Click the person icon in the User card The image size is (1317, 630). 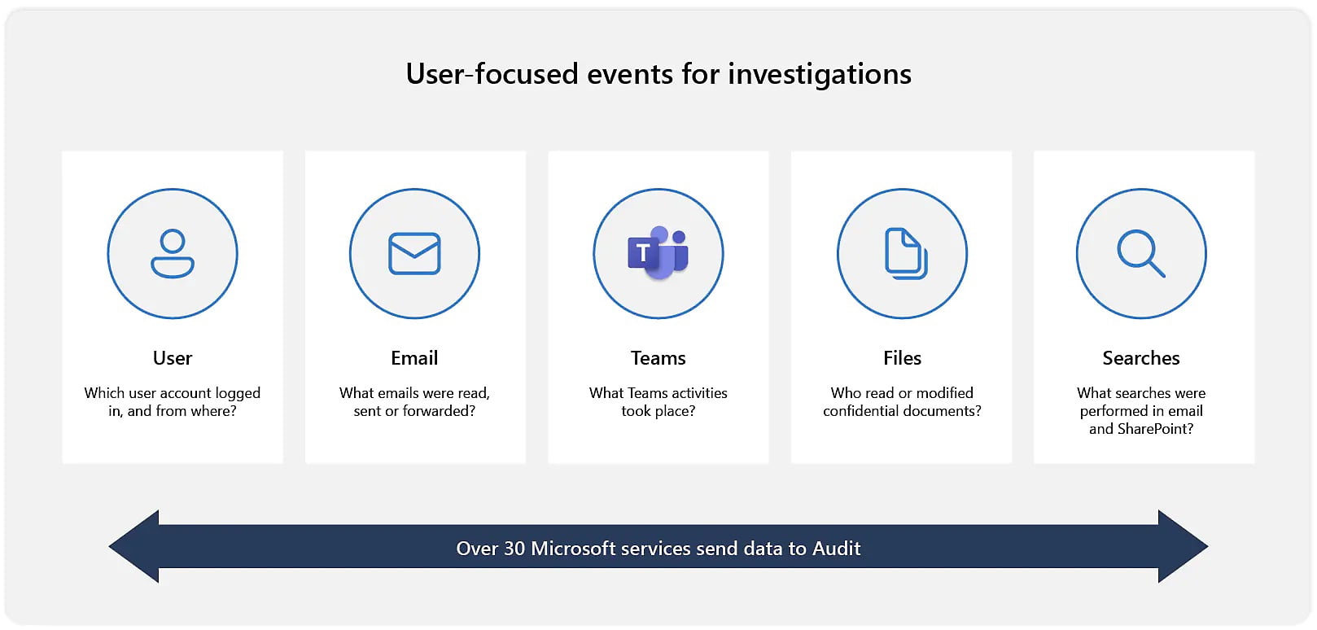point(173,253)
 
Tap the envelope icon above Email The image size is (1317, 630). point(414,254)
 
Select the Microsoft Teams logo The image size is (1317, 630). point(658,252)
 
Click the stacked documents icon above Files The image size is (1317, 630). point(906,253)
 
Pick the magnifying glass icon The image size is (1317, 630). point(1140,253)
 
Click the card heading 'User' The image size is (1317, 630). point(173,358)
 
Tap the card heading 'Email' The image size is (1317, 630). point(414,358)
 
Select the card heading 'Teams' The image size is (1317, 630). point(658,358)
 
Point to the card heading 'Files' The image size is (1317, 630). point(902,358)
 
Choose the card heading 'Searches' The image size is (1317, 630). point(1141,358)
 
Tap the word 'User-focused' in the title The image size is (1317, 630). point(492,74)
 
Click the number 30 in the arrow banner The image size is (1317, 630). point(514,549)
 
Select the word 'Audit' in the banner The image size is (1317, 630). point(836,549)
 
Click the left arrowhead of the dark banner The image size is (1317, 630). point(133,546)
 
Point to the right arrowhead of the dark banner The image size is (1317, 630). point(1183,546)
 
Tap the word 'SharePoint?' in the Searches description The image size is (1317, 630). point(1155,429)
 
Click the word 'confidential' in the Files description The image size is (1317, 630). point(860,411)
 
